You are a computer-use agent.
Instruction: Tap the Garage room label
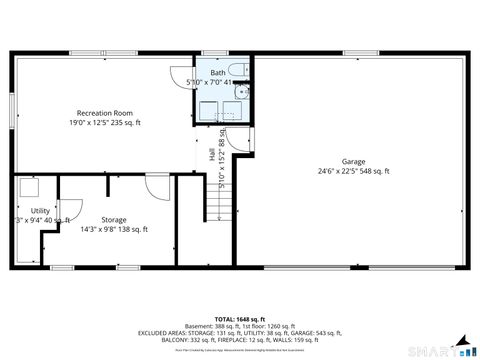point(353,161)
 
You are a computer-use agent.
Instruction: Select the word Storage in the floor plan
point(114,219)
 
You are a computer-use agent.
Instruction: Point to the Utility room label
point(40,210)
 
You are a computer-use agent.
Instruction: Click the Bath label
point(217,73)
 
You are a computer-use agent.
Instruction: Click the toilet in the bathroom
point(238,70)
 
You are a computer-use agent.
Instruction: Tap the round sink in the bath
point(240,93)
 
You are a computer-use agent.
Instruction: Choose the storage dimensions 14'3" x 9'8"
point(114,229)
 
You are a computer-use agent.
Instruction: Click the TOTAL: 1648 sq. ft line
point(239,317)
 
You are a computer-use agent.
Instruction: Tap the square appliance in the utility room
point(29,187)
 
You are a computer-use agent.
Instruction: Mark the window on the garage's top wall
point(357,53)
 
